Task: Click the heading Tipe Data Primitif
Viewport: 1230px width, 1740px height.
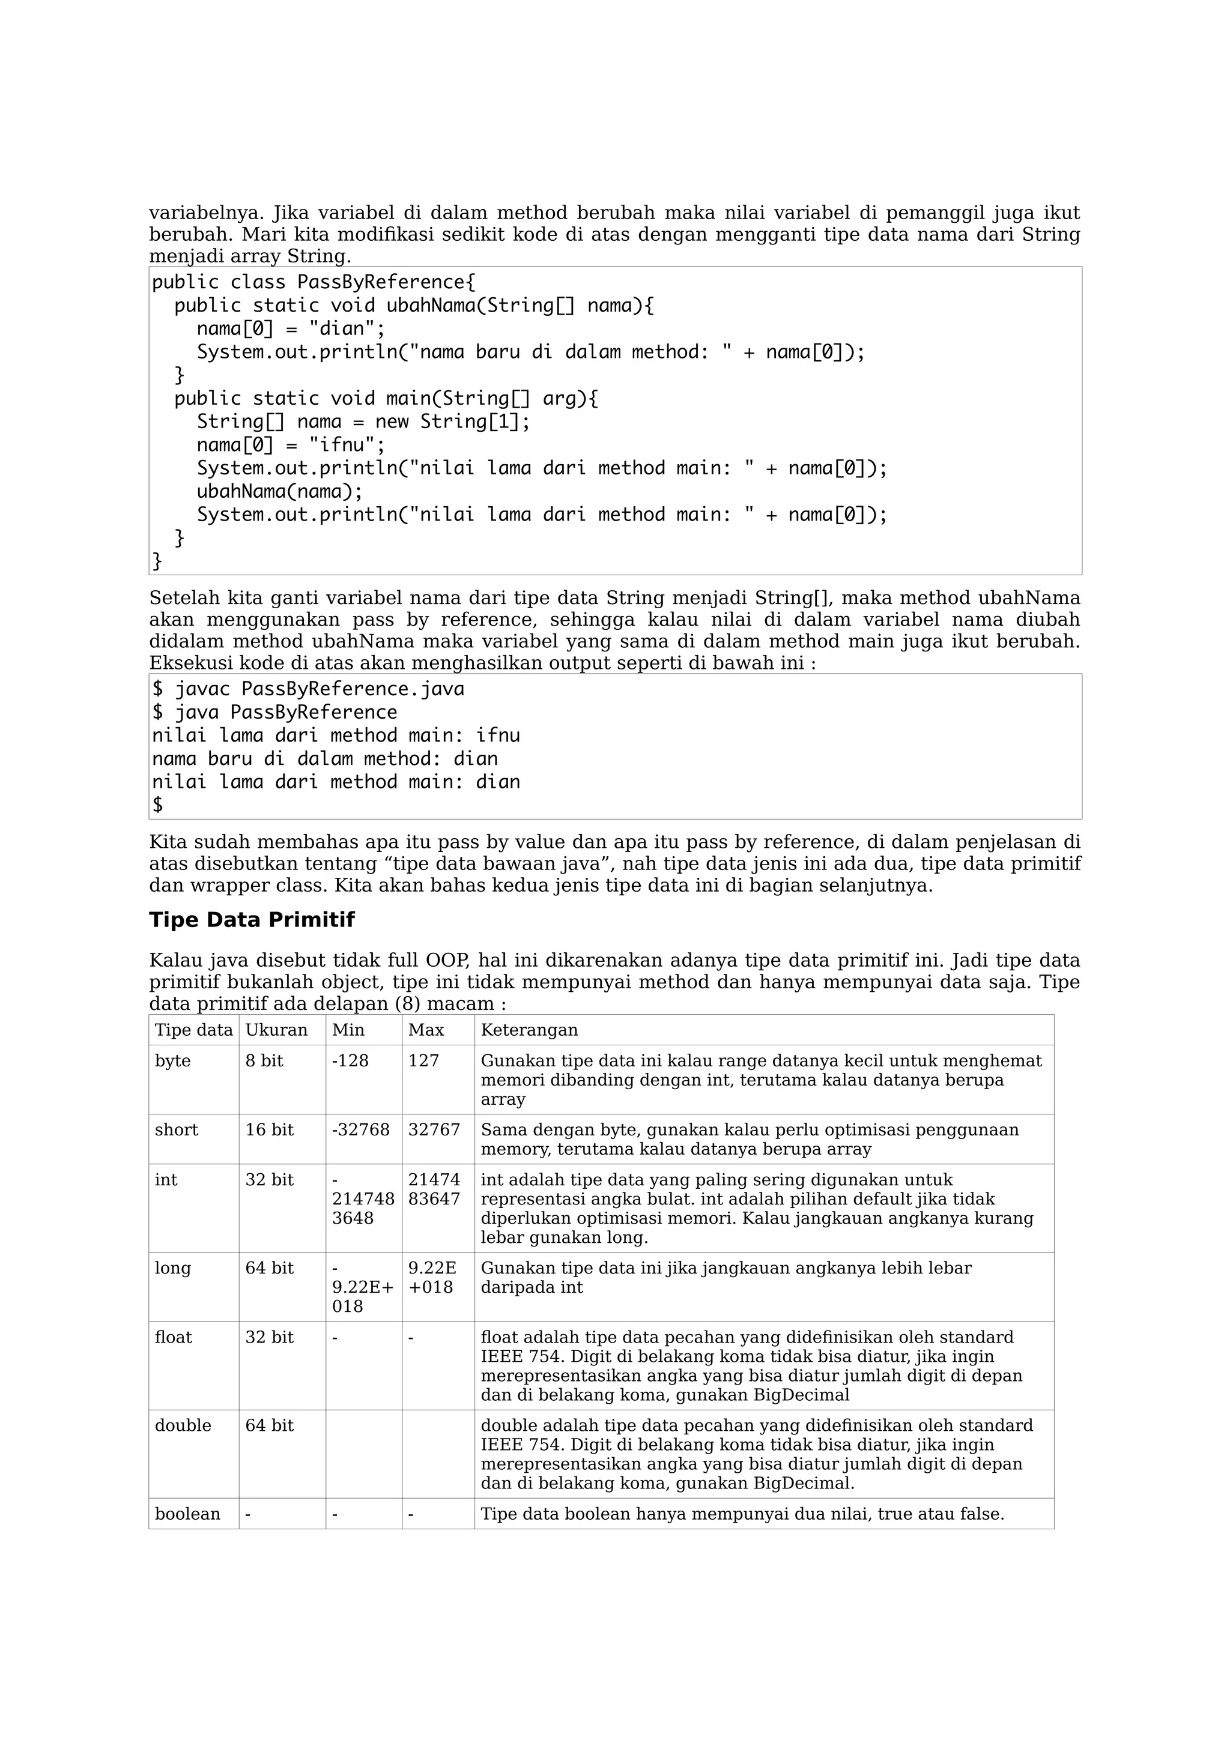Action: coord(252,920)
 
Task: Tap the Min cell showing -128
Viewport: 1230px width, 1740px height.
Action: coord(350,1061)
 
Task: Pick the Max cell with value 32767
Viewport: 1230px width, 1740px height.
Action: coord(434,1130)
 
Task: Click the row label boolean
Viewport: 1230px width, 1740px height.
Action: coord(187,1514)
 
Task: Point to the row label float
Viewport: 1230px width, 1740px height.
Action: coord(174,1338)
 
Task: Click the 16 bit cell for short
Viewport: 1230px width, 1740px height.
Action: coord(269,1130)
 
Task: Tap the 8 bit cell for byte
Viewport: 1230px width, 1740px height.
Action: coord(264,1061)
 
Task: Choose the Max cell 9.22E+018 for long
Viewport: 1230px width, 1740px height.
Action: coord(432,1278)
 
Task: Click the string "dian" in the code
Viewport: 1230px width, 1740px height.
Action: coord(341,330)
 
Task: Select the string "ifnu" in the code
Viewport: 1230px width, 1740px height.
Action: coord(341,446)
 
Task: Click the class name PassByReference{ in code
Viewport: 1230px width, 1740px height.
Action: coord(386,283)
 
